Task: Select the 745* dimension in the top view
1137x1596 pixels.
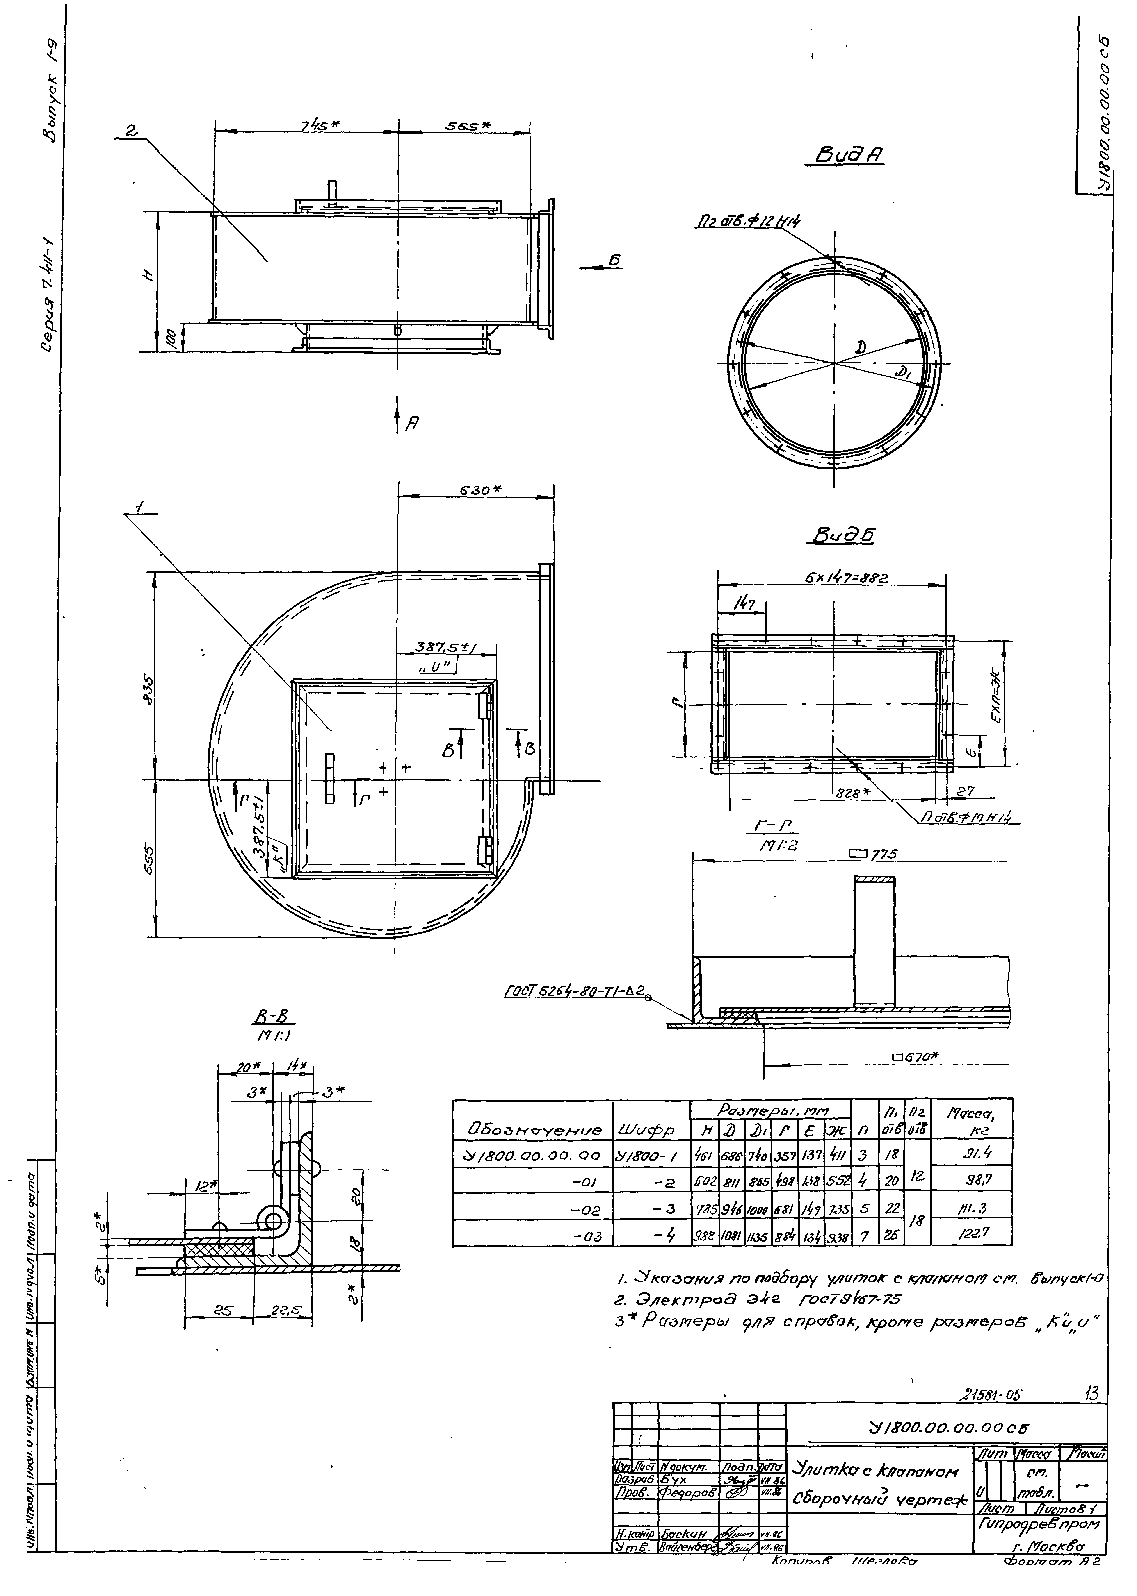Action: point(320,125)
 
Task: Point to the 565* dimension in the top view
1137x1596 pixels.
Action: point(467,125)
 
